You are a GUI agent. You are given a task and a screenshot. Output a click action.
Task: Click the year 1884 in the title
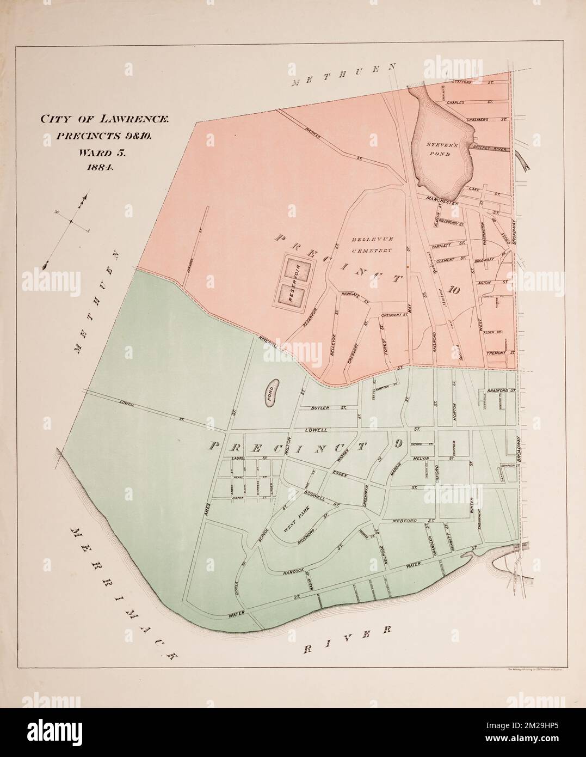pyautogui.click(x=99, y=168)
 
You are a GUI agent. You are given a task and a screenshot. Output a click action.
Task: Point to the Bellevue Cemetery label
pyautogui.click(x=372, y=245)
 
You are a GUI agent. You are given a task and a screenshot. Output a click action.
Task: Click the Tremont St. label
pyautogui.click(x=500, y=353)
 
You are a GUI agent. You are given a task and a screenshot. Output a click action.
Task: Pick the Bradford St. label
pyautogui.click(x=501, y=391)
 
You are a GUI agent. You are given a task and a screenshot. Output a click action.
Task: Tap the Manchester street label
pyautogui.click(x=442, y=199)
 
